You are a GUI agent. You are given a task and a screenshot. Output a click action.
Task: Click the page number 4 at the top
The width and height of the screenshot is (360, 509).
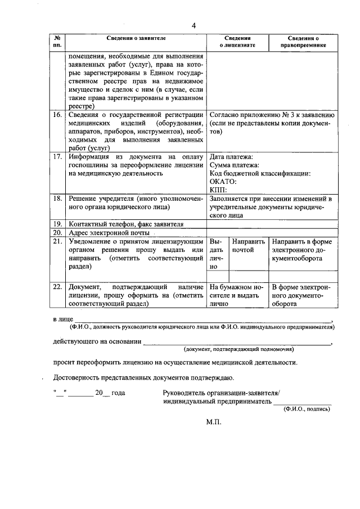click(x=193, y=26)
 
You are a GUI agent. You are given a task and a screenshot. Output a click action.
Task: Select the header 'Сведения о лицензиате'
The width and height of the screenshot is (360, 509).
click(x=237, y=40)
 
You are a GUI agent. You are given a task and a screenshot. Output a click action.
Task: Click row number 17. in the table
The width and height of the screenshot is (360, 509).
click(x=56, y=156)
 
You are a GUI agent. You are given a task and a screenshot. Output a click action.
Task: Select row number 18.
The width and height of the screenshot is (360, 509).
click(x=56, y=199)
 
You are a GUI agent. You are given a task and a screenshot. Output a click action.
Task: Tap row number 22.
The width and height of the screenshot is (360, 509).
click(x=56, y=286)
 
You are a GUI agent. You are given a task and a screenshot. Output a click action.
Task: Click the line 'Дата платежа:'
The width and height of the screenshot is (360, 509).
click(x=231, y=156)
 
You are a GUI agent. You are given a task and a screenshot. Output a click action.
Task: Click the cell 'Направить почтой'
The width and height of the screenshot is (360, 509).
click(x=248, y=245)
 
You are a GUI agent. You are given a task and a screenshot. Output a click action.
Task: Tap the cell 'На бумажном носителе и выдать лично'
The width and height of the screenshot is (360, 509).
click(x=237, y=295)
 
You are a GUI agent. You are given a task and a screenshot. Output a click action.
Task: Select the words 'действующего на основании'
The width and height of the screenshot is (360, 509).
click(x=96, y=342)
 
